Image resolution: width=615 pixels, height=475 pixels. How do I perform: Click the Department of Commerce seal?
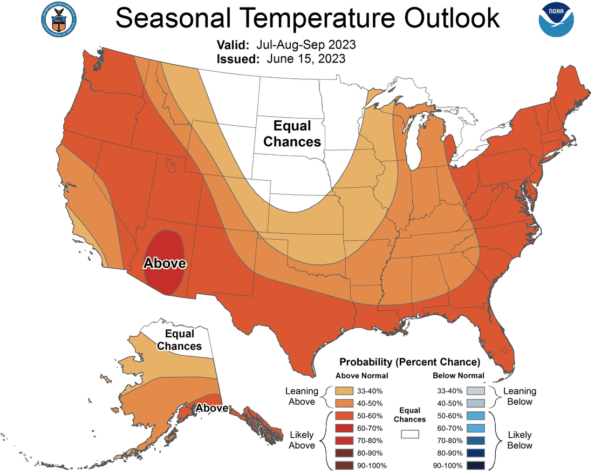pyautogui.click(x=57, y=18)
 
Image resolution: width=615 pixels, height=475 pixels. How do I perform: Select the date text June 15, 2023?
pyautogui.click(x=306, y=59)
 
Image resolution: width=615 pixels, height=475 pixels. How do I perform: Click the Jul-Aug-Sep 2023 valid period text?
pyautogui.click(x=306, y=44)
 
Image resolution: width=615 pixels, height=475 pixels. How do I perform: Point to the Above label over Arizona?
pyautogui.click(x=165, y=263)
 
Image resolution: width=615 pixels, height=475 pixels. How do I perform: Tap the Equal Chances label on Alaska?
pyautogui.click(x=179, y=340)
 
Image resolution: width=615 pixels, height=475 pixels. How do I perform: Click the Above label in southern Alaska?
pyautogui.click(x=212, y=409)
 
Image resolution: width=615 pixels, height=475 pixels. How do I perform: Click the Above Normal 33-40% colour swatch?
pyautogui.click(x=343, y=391)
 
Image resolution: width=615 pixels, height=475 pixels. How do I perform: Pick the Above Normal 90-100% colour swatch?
pyautogui.click(x=343, y=465)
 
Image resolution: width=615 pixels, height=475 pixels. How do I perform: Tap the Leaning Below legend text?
pyautogui.click(x=520, y=396)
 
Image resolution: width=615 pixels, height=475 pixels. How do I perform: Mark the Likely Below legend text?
pyautogui.click(x=520, y=440)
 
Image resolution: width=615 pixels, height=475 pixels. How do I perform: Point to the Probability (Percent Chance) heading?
pyautogui.click(x=409, y=362)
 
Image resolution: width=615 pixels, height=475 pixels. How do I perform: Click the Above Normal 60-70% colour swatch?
pyautogui.click(x=343, y=428)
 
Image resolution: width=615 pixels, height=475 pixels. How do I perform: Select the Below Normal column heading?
pyautogui.click(x=458, y=376)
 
